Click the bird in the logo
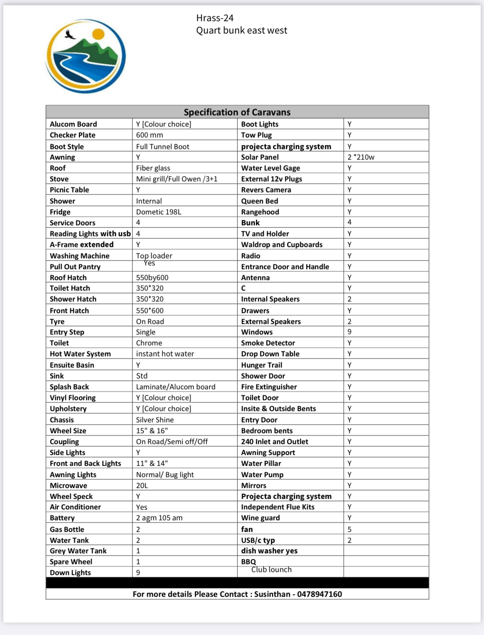(69, 35)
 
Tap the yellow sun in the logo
(98, 34)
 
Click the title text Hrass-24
(215, 18)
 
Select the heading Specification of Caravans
(237, 112)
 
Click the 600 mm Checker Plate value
(149, 135)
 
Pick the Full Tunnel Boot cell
(162, 146)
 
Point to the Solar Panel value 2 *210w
(361, 157)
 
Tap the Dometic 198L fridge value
(158, 212)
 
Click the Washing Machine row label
(80, 256)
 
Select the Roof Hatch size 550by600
(152, 278)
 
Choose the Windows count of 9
(349, 332)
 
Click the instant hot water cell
(165, 354)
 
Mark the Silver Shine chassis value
(155, 420)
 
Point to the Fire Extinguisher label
(269, 387)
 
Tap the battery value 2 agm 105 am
(159, 518)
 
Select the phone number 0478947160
(319, 594)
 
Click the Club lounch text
(271, 570)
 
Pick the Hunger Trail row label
(262, 365)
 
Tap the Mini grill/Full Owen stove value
(177, 179)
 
